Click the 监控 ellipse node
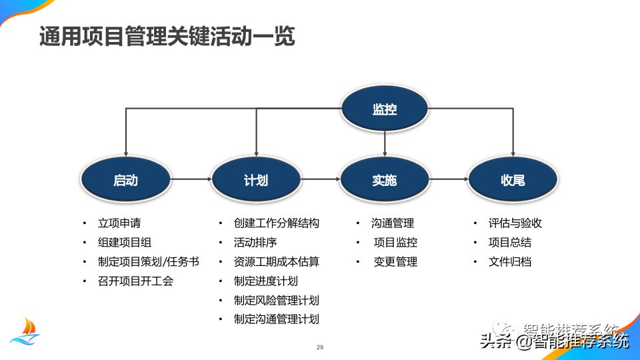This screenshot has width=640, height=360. click(x=385, y=109)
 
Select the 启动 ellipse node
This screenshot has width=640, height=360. click(x=125, y=180)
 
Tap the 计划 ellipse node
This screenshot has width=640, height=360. click(x=255, y=180)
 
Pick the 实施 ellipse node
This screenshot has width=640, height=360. click(x=384, y=180)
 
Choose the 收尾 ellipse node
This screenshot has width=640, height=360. click(x=512, y=180)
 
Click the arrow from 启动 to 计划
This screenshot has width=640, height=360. click(x=191, y=179)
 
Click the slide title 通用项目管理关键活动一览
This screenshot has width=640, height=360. click(x=167, y=37)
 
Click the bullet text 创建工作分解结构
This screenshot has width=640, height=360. click(x=276, y=223)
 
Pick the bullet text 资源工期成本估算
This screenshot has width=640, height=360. click(x=276, y=262)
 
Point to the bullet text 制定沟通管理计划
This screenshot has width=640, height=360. click(x=276, y=319)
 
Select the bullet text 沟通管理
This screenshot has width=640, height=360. click(x=393, y=223)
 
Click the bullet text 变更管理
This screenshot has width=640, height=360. click(x=395, y=262)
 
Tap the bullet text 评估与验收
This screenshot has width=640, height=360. click(x=515, y=223)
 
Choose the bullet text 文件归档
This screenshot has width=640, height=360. click(x=509, y=262)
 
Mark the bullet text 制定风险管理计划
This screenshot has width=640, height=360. click(x=276, y=300)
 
